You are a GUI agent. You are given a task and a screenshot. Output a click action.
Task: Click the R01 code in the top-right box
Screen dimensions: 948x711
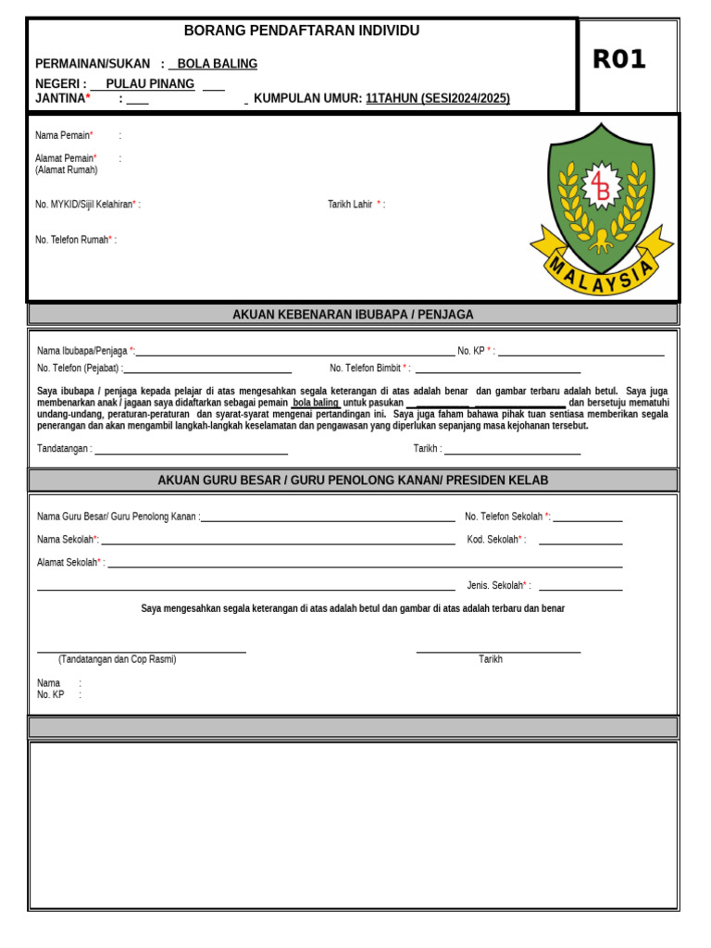click(x=618, y=60)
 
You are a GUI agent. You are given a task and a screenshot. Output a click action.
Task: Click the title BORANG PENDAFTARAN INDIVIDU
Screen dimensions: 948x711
click(x=302, y=31)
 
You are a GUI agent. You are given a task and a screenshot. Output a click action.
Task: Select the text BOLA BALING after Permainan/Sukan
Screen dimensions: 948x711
click(x=217, y=64)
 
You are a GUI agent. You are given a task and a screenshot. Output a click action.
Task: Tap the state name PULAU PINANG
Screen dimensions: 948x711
click(x=150, y=84)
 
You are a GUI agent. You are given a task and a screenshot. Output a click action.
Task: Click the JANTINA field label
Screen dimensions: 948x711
click(x=62, y=98)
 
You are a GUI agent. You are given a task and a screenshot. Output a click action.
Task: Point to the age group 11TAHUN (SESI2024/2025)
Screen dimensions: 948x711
click(x=437, y=98)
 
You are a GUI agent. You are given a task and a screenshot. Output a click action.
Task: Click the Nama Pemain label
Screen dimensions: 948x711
click(x=63, y=135)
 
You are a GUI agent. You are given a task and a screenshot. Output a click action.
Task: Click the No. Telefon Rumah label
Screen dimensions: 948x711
click(x=74, y=240)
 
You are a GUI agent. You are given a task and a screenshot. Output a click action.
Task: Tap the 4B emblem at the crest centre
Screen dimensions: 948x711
click(x=601, y=187)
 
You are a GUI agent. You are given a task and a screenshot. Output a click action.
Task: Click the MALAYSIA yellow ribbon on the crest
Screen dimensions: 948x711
click(x=602, y=274)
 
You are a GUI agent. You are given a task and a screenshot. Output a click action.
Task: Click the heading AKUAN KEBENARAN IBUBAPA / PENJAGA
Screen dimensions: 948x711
click(x=353, y=315)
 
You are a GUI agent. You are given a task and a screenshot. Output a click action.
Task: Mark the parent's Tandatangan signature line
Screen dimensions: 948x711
click(x=191, y=452)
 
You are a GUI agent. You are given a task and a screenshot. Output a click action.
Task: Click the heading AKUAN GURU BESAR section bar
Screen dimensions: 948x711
click(x=353, y=480)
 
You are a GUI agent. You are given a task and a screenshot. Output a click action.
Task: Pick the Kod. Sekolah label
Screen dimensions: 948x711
click(x=495, y=540)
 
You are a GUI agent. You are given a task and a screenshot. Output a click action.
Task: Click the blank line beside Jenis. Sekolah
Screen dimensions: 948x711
click(x=580, y=588)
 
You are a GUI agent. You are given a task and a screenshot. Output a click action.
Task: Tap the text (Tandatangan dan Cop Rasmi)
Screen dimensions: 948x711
click(x=117, y=659)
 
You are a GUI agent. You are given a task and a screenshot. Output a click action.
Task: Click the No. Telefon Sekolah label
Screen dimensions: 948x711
click(x=506, y=517)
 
